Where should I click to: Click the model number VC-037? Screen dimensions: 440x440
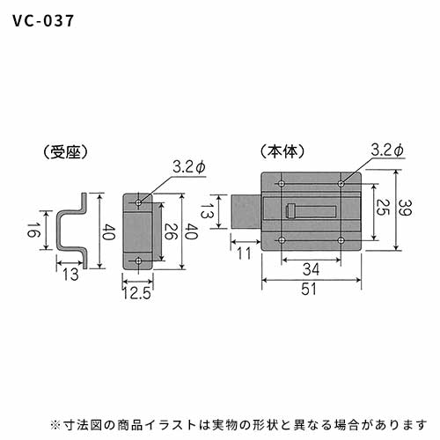(43, 21)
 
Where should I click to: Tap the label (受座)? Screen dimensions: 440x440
(65, 152)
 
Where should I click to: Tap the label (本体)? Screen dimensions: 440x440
(282, 151)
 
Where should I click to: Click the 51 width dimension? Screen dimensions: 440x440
(309, 289)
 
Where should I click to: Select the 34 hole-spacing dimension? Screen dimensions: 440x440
(311, 269)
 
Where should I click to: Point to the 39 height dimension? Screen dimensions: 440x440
(406, 208)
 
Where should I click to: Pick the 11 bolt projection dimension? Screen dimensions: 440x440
(245, 253)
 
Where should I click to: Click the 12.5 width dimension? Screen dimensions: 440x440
(136, 293)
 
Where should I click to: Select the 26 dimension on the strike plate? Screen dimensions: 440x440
(170, 231)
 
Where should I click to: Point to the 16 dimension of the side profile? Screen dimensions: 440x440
(33, 230)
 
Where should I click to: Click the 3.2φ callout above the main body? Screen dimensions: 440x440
(387, 150)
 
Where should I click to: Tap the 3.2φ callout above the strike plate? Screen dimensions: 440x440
(189, 167)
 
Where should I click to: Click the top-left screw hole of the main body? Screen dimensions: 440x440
(282, 184)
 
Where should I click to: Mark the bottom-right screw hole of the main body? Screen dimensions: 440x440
(341, 240)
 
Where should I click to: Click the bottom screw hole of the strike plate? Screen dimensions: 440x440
(138, 260)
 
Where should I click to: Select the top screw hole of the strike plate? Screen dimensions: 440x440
(138, 202)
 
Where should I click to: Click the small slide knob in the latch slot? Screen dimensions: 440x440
(290, 212)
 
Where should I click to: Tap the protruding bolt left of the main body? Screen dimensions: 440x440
(246, 212)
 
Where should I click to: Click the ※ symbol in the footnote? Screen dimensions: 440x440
(55, 424)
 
